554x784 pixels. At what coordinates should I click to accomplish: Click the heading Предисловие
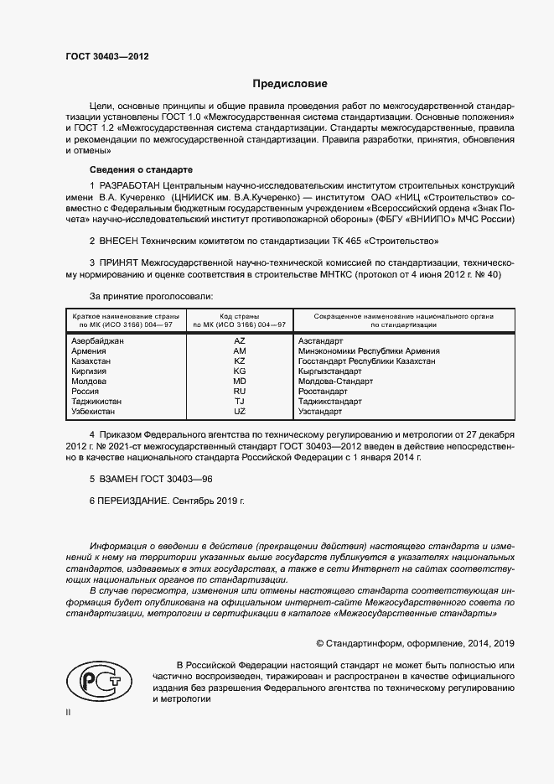tap(290, 84)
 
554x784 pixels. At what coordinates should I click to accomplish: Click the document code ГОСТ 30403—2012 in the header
tap(107, 55)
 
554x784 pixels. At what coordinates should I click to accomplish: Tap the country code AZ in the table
tap(239, 341)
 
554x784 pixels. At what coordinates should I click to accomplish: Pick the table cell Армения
tap(90, 351)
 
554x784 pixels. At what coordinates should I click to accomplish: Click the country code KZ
tap(239, 361)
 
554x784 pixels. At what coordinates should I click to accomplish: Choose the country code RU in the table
tap(239, 392)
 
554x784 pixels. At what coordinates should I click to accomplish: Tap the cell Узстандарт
tap(320, 412)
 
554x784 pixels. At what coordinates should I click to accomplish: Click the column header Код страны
tap(240, 315)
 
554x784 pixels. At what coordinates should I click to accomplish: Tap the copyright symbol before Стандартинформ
tap(320, 643)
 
